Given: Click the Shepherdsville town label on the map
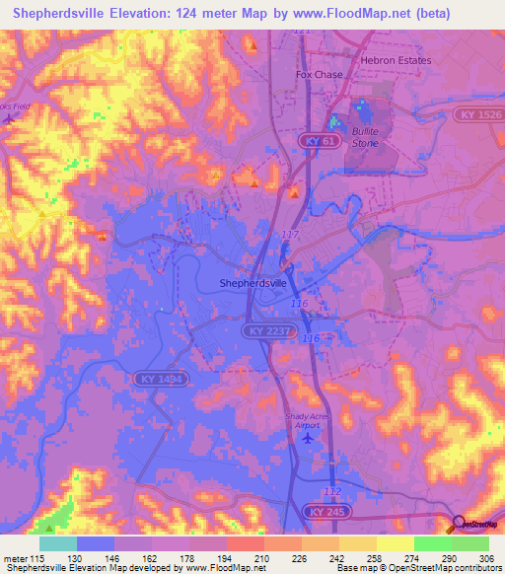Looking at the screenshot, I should [252, 282].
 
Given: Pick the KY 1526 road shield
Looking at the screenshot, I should [479, 115].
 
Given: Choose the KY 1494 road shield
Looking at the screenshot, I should [159, 378].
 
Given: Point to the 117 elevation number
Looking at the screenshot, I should [290, 234].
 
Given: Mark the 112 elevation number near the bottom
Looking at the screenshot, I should [332, 490].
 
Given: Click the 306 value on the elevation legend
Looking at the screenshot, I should [484, 558].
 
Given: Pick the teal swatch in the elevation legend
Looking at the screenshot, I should [57, 543].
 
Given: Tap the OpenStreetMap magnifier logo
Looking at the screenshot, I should [458, 524].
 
